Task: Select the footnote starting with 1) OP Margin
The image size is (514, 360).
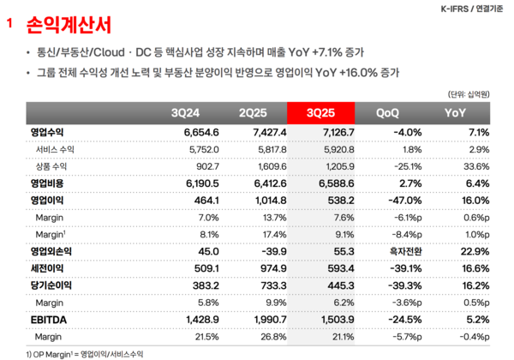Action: (x=76, y=353)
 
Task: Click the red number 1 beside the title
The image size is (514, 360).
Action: (x=9, y=26)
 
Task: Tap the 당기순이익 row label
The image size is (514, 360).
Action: (x=51, y=284)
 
